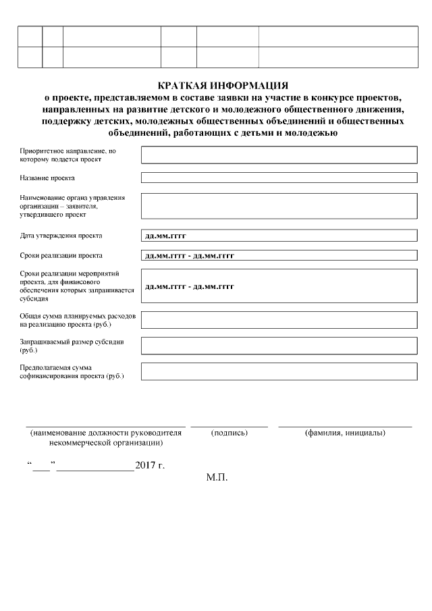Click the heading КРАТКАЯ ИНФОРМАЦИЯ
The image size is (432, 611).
(222, 86)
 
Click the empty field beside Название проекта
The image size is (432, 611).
(279, 178)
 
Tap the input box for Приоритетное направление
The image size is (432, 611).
(279, 155)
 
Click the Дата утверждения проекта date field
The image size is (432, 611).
(279, 236)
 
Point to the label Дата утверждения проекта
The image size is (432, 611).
(61, 236)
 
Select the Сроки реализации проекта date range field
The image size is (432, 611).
(279, 256)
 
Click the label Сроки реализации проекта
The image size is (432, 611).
(61, 257)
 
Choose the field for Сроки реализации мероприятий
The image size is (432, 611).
(279, 286)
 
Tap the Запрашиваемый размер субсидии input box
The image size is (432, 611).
(279, 346)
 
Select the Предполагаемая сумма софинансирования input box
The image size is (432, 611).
(279, 371)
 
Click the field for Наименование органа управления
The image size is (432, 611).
(279, 206)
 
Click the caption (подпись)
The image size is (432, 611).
(230, 432)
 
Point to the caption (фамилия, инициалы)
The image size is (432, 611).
(345, 432)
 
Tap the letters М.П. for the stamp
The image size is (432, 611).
(217, 477)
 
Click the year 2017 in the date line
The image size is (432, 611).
(145, 466)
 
